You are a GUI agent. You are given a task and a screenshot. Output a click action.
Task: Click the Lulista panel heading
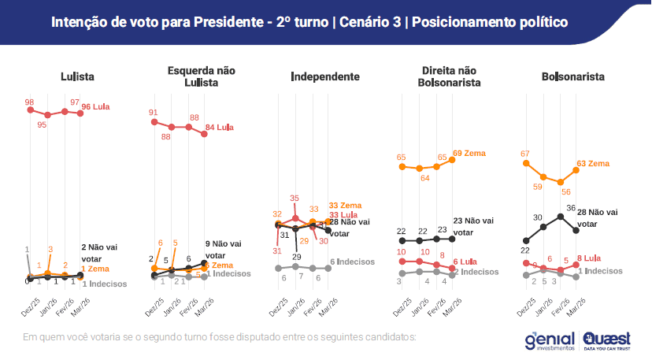[77, 76]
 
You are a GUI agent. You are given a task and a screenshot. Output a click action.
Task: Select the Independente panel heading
[325, 76]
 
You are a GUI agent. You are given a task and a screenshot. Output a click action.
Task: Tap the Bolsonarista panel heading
[572, 76]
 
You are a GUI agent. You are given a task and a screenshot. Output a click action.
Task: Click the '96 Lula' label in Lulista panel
[95, 106]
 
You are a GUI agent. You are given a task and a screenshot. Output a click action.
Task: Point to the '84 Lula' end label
[220, 128]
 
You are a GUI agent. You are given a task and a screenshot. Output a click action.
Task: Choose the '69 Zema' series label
[469, 152]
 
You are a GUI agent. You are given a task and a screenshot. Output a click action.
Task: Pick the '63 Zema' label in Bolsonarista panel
[594, 164]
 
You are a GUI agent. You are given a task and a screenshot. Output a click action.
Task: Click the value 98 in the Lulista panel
[29, 102]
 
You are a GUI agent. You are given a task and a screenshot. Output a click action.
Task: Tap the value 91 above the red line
[154, 113]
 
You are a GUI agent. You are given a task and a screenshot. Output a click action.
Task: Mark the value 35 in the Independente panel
[295, 198]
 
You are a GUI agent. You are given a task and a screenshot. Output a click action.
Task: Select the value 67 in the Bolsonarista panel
[525, 153]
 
